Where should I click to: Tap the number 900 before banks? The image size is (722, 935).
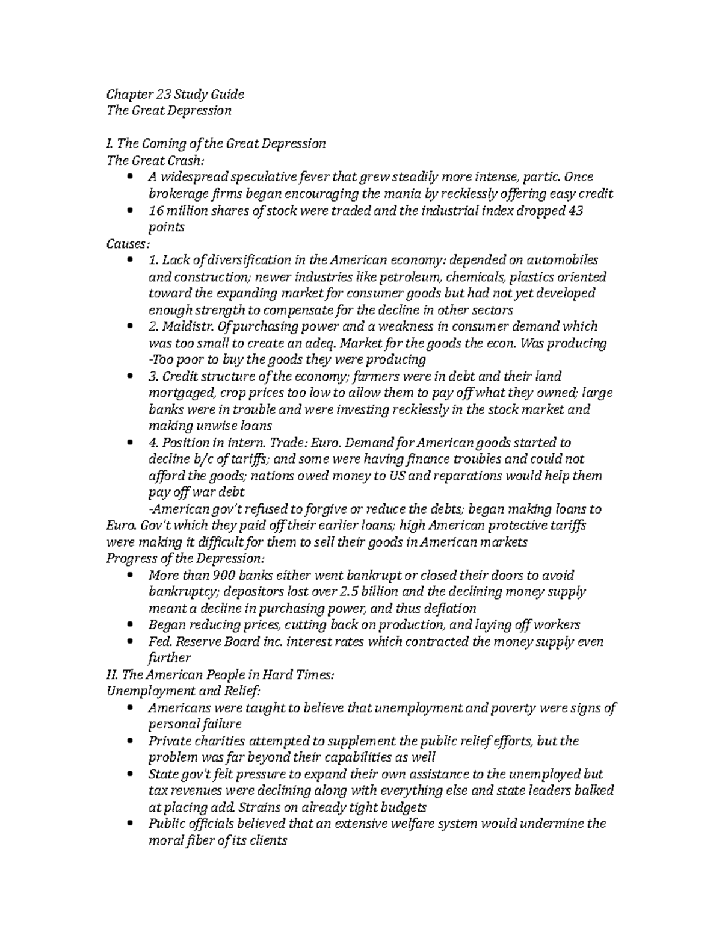click(x=215, y=575)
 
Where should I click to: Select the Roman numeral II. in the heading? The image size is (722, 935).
click(x=112, y=675)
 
